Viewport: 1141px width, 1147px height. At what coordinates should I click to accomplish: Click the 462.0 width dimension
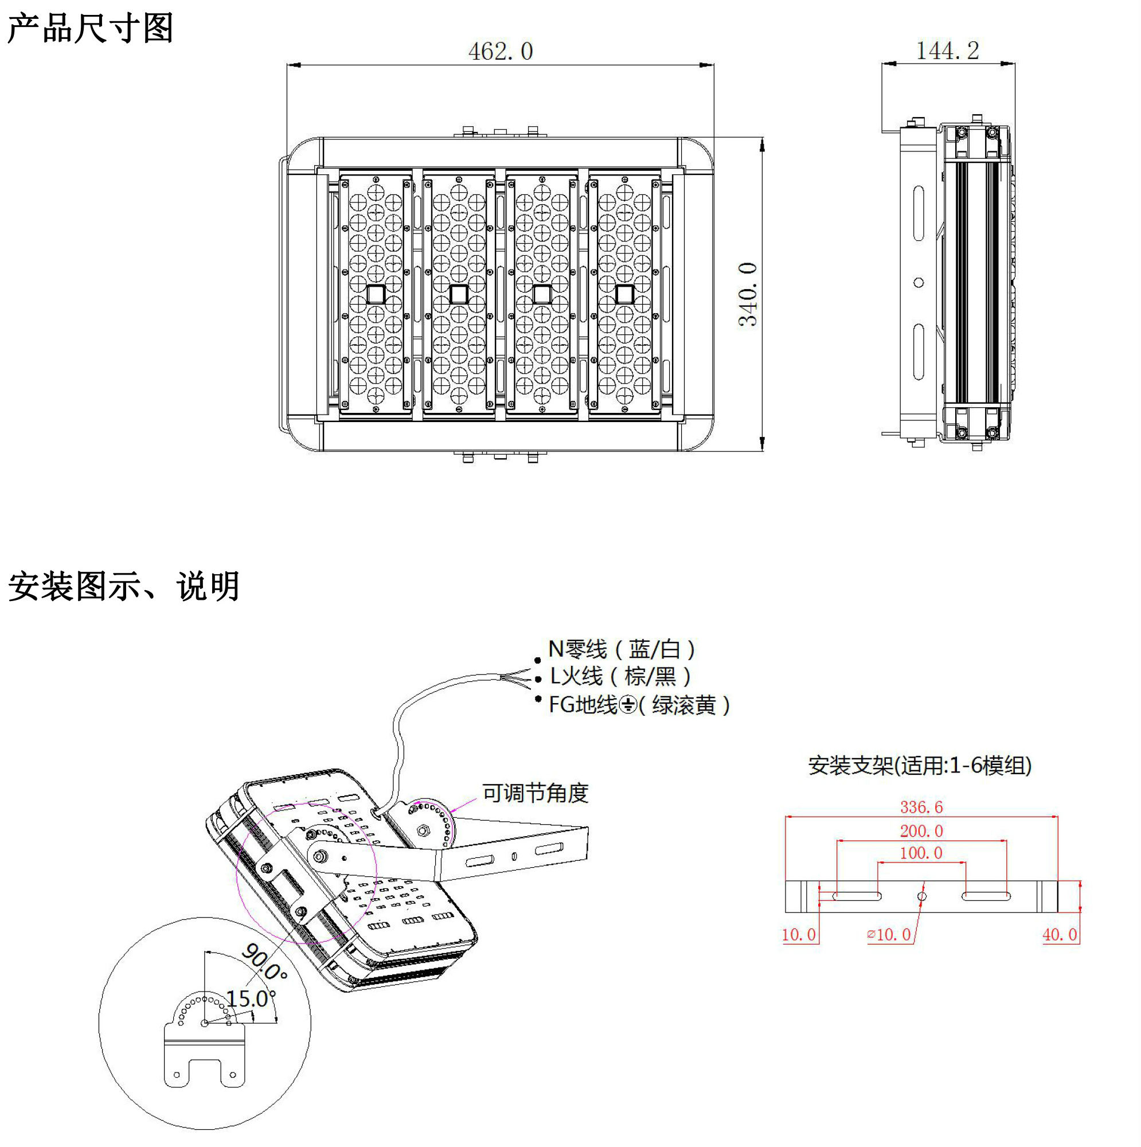[x=501, y=52]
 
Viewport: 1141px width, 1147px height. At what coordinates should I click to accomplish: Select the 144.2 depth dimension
[x=947, y=51]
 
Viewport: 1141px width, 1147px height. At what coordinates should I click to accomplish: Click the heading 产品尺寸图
[x=90, y=28]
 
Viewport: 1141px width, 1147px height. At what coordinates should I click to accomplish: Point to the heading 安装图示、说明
[x=123, y=587]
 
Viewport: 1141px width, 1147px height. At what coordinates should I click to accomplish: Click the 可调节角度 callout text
[x=535, y=793]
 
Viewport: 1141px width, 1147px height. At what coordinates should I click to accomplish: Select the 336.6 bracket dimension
[x=921, y=807]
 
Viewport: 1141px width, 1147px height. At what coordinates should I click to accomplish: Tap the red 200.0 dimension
[x=921, y=831]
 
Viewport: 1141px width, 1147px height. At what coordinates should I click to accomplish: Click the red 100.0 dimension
[x=921, y=853]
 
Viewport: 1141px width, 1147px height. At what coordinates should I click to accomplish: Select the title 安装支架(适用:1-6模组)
[x=920, y=765]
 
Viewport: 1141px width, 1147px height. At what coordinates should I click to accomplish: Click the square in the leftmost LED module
[x=376, y=294]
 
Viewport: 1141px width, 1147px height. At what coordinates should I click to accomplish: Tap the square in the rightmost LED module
[x=624, y=294]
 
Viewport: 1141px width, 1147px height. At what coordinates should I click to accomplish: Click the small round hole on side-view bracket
[x=919, y=283]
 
